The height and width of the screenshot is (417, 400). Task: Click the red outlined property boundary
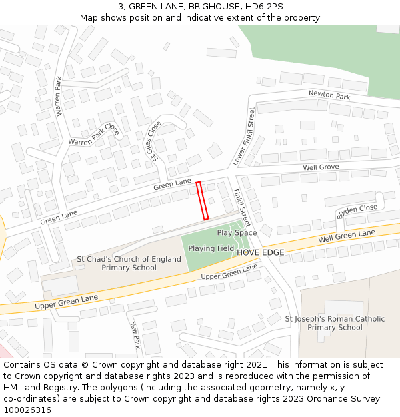(x=203, y=200)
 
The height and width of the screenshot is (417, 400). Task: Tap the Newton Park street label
(x=329, y=96)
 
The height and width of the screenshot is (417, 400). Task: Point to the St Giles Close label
(x=155, y=141)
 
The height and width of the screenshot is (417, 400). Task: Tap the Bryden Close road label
(x=357, y=211)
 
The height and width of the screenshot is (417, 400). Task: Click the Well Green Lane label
(x=347, y=236)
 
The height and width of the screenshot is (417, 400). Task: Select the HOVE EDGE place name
(x=261, y=252)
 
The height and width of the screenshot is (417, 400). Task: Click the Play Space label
(x=237, y=233)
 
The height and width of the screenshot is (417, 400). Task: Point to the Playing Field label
(x=211, y=248)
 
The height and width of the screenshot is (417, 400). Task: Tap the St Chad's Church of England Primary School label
(x=129, y=263)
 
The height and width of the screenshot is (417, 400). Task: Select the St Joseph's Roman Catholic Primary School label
(x=335, y=323)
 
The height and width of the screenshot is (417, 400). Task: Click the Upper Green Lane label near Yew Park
(x=229, y=272)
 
